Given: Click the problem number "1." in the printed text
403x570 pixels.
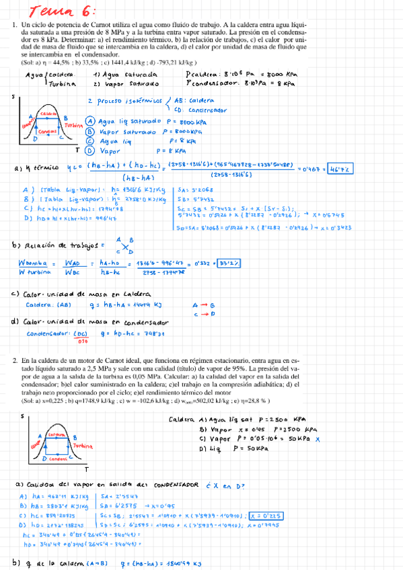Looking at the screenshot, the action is pos(15,24).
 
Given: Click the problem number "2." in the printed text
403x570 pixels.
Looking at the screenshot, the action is pos(15,362).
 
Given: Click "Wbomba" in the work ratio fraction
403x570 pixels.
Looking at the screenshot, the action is pos(30,263).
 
